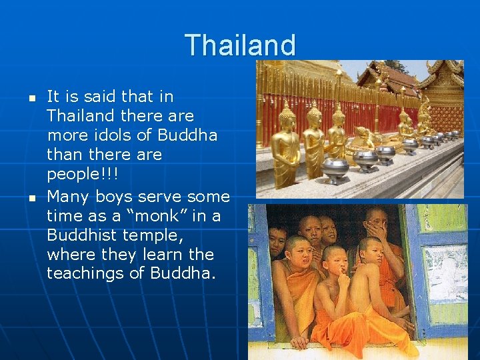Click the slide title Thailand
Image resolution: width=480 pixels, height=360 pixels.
coord(240,45)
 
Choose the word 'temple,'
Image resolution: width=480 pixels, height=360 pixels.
coord(157,235)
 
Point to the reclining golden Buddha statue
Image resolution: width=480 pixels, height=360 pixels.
coord(363,140)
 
